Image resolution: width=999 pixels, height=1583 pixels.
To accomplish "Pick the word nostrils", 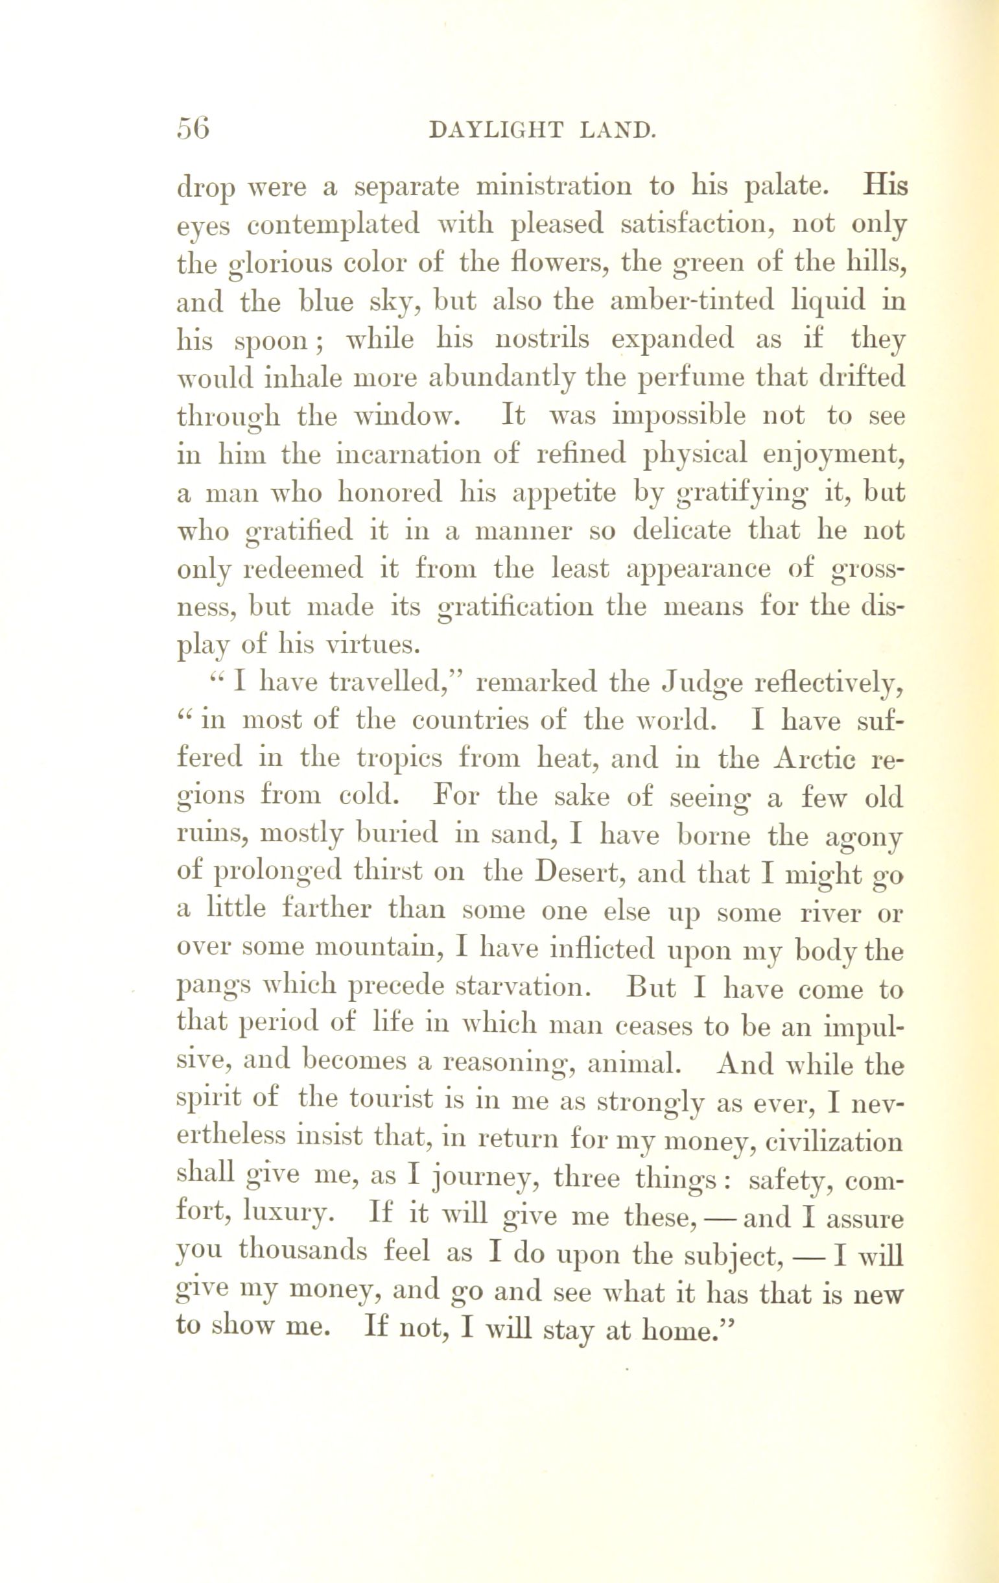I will (545, 340).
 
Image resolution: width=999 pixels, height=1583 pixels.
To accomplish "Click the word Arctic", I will (814, 759).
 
